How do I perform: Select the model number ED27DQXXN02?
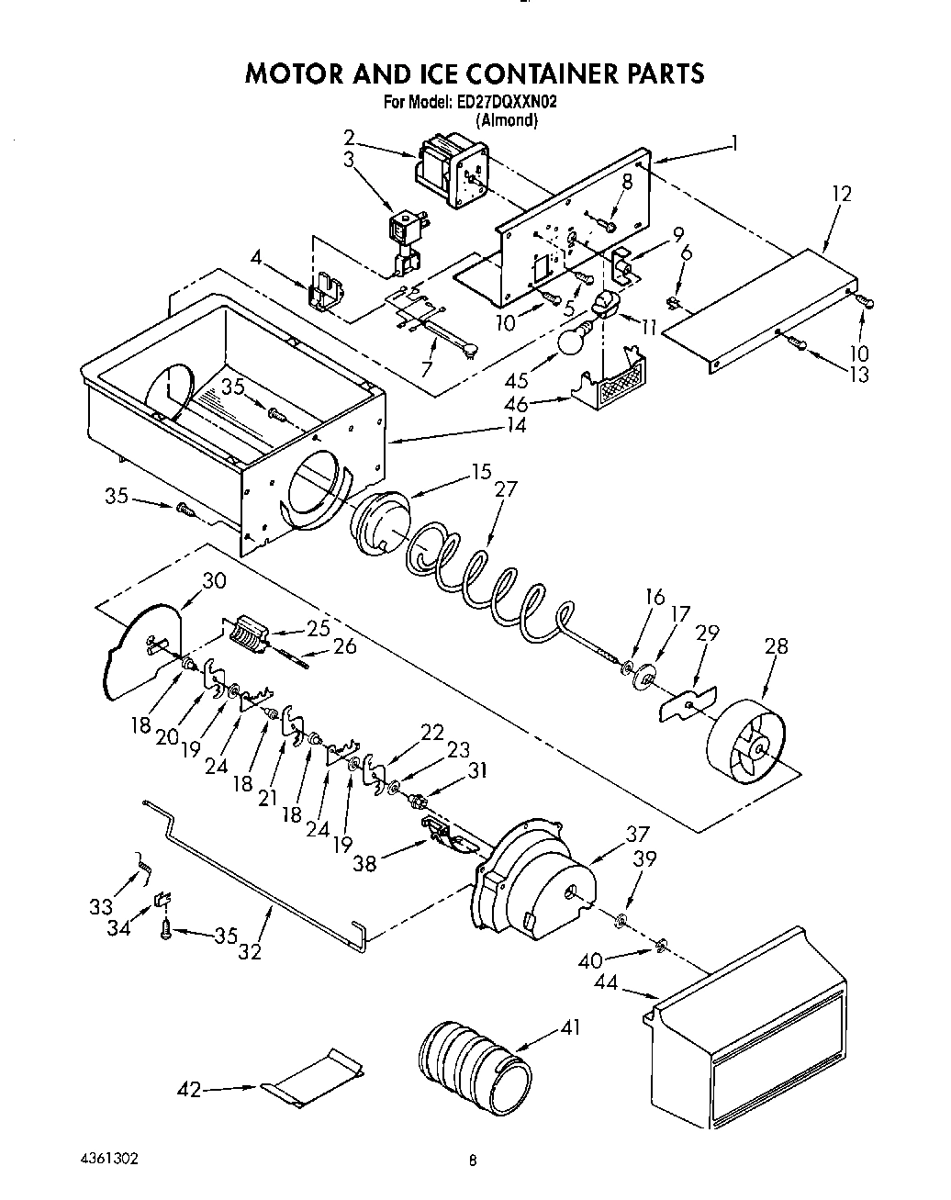(x=506, y=103)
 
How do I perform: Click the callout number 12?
(x=841, y=194)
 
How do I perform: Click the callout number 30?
(x=213, y=580)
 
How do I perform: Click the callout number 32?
(x=249, y=951)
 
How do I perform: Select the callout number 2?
(x=349, y=138)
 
